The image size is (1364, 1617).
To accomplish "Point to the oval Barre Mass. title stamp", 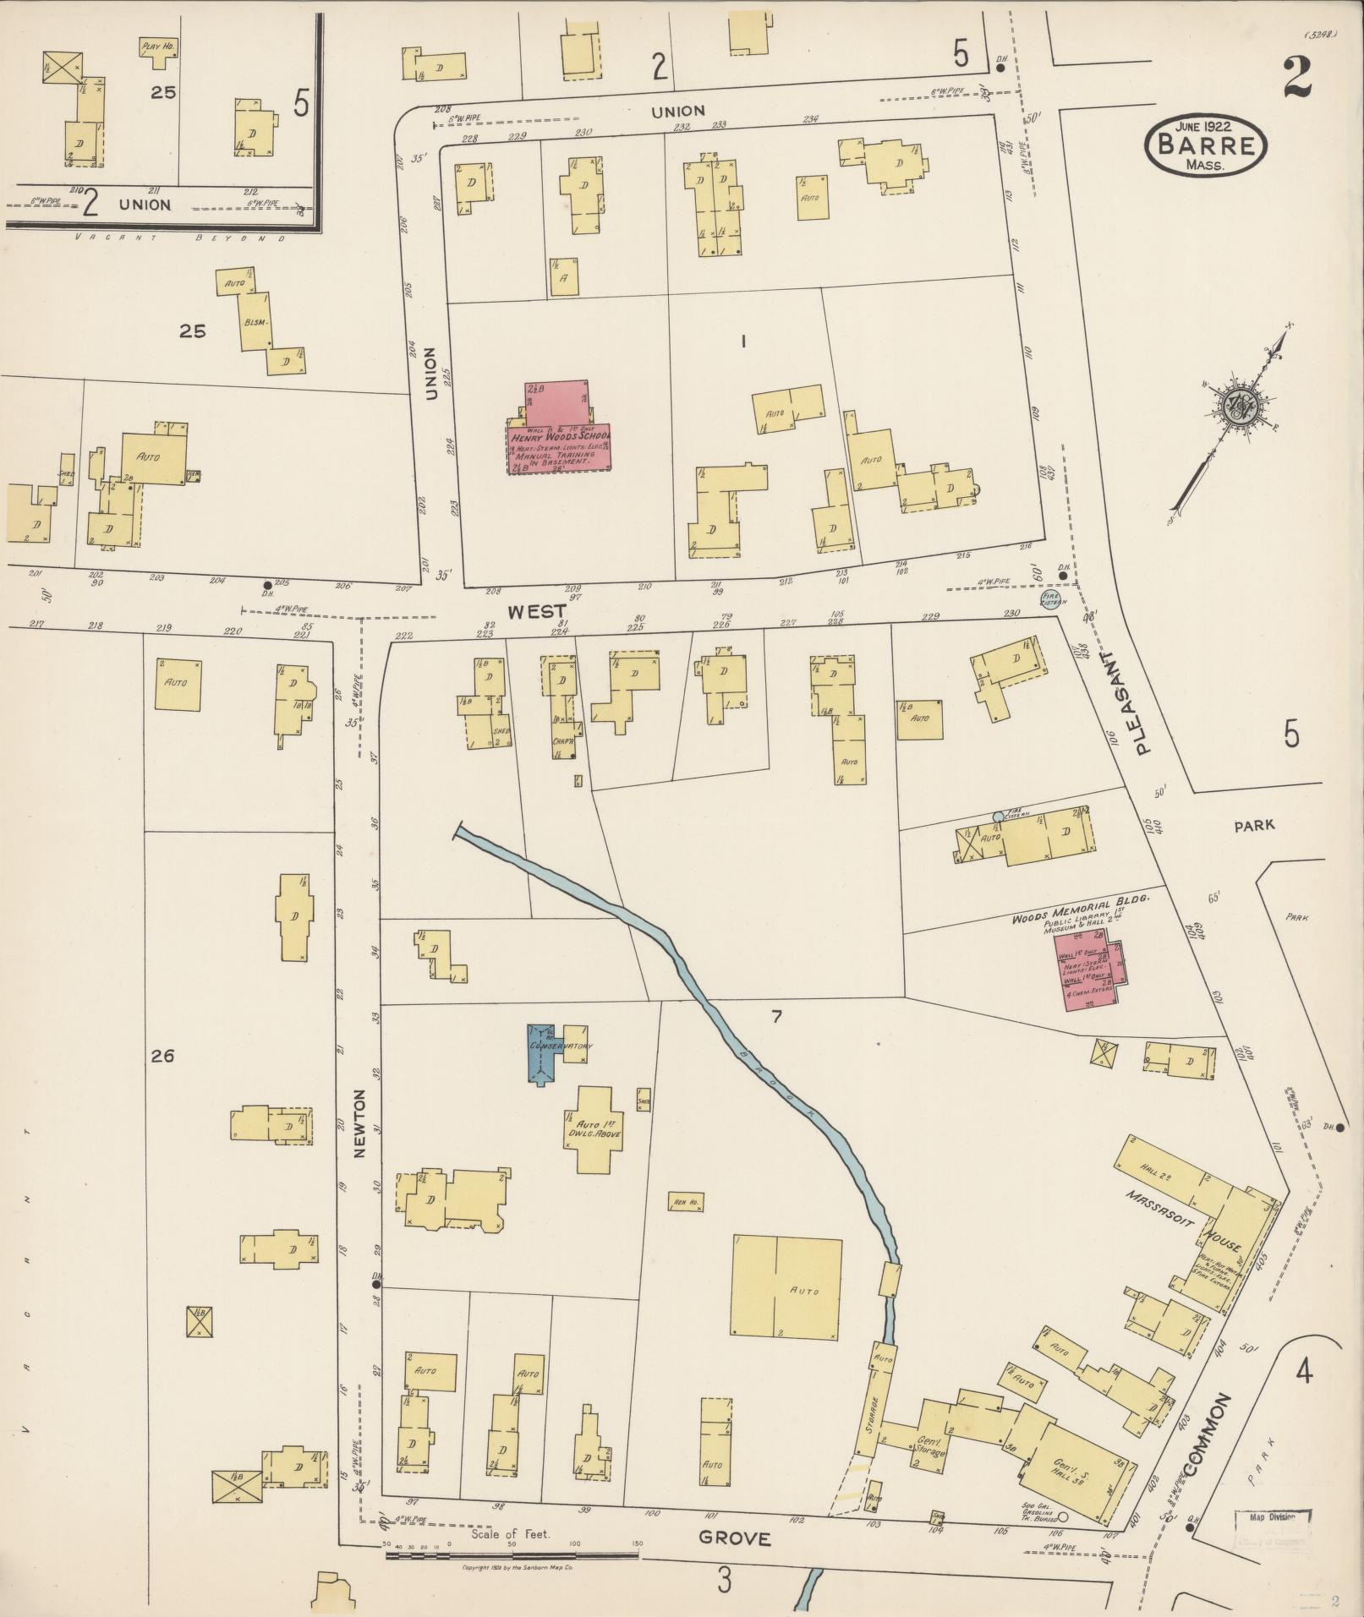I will click(x=1206, y=146).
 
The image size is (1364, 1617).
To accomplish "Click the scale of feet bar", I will click(x=511, y=1554).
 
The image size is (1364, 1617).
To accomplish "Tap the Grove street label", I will click(x=735, y=1538).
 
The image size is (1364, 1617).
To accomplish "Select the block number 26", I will click(x=162, y=1055).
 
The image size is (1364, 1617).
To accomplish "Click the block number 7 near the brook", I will click(x=775, y=1017).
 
